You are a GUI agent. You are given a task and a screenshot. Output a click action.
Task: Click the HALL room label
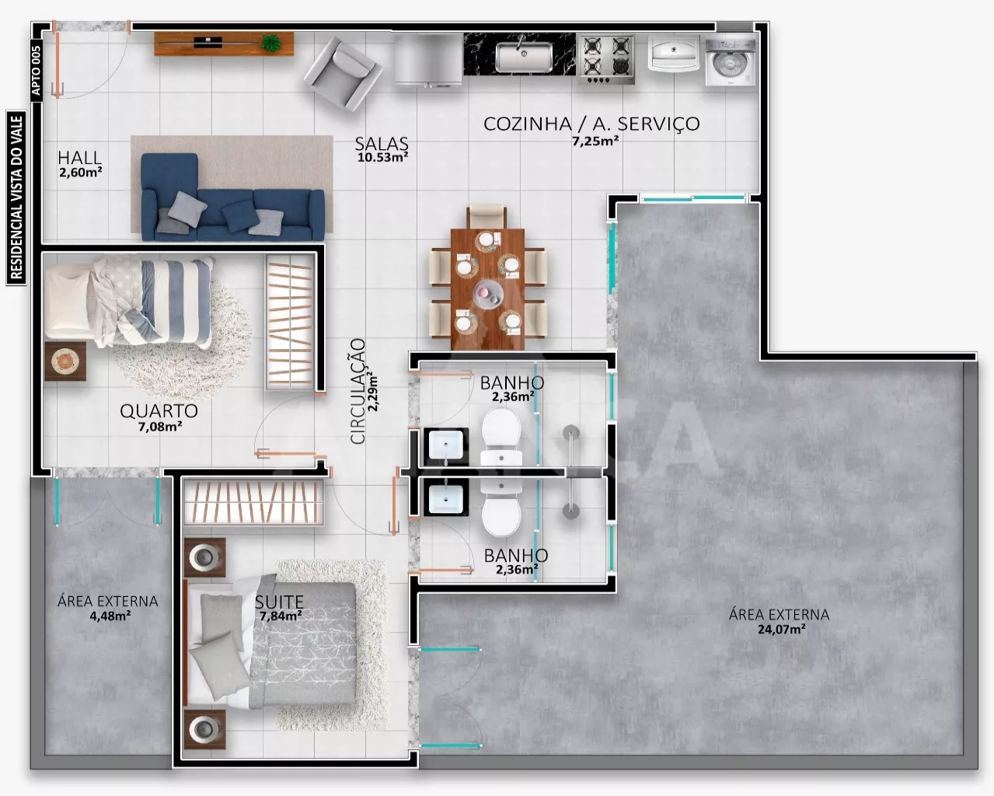(79, 158)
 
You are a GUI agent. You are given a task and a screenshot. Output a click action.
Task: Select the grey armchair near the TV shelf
(344, 74)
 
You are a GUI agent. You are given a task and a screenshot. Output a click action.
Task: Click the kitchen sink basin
(524, 57)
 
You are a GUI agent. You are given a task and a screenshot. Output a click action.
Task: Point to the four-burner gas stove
(606, 60)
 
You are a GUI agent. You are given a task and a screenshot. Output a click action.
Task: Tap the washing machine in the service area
(731, 62)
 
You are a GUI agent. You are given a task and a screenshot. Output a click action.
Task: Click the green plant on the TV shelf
(270, 43)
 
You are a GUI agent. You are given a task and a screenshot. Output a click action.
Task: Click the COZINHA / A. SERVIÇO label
(591, 124)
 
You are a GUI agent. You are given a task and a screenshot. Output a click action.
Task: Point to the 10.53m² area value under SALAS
(382, 157)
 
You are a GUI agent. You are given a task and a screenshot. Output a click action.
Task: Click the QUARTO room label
(159, 410)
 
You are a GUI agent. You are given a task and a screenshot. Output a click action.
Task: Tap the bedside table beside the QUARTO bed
(65, 361)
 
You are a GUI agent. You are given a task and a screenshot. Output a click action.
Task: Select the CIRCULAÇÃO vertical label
(358, 391)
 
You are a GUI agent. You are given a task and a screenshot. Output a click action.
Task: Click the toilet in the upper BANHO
(501, 435)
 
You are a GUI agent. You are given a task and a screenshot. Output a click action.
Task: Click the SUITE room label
(280, 602)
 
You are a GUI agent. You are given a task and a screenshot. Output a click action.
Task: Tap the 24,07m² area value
(782, 629)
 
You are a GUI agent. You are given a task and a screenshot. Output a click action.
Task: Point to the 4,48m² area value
(110, 616)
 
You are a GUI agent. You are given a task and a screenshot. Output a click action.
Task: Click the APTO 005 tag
(36, 70)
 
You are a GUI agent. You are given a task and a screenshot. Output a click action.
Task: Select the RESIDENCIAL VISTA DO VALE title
(16, 197)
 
